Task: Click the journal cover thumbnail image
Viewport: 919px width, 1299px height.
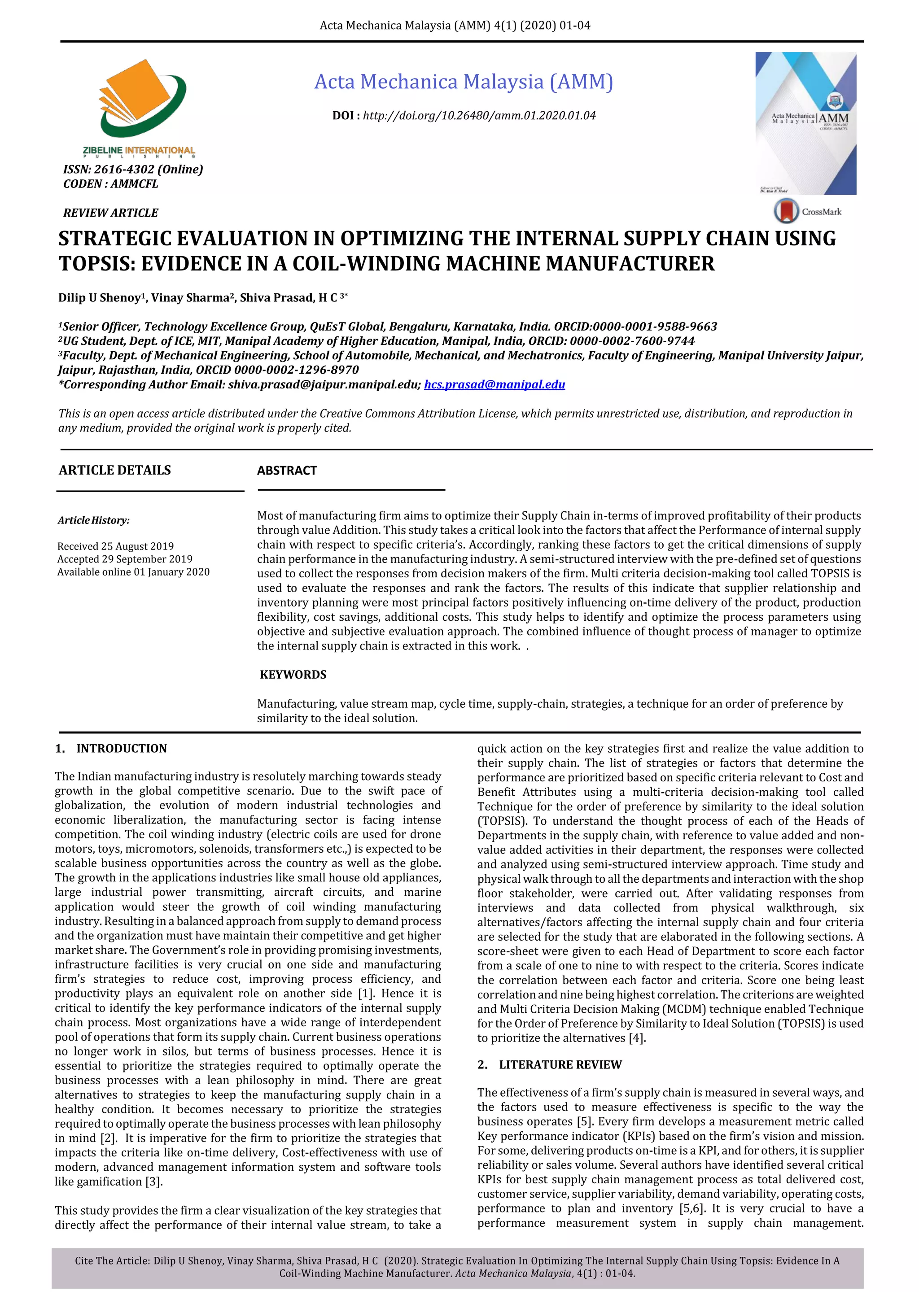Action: pos(805,123)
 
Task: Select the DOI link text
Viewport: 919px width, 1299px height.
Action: pos(479,116)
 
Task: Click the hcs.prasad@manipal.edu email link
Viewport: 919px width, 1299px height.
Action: pos(494,385)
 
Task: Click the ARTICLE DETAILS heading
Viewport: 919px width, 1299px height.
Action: pos(115,470)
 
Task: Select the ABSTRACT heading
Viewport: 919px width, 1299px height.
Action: pos(287,471)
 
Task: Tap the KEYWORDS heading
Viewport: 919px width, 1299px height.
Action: pos(293,674)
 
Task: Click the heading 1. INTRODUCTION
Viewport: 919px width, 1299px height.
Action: pos(111,749)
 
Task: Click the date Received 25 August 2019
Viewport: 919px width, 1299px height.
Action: pos(115,546)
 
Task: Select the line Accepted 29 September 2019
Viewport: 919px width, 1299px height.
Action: pos(124,559)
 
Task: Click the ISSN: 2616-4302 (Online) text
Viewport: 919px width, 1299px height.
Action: pos(133,169)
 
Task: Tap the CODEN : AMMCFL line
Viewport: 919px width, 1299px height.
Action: pos(111,184)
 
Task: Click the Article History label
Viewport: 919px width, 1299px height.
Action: pos(93,520)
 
